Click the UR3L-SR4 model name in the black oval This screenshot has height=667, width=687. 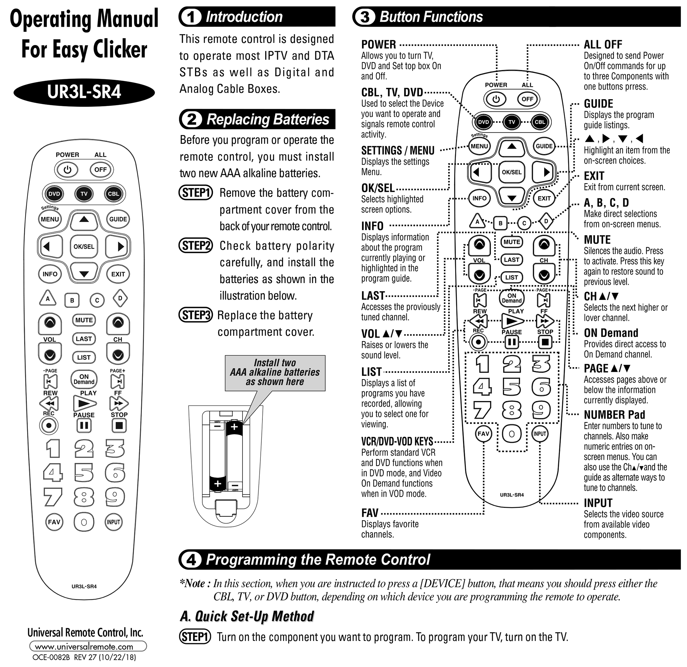click(84, 92)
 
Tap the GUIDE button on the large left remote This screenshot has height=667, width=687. click(118, 219)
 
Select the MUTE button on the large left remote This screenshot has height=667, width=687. click(84, 320)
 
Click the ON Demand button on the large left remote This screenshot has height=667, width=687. click(84, 379)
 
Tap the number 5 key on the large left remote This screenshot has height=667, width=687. click(84, 472)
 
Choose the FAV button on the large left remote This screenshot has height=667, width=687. click(54, 522)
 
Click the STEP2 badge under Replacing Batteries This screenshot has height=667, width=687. click(196, 246)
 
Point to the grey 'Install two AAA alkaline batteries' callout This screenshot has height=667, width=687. click(275, 372)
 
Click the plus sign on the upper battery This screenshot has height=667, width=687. click(234, 427)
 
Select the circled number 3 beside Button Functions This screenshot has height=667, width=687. click(365, 17)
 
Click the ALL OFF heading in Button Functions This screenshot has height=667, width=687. click(603, 45)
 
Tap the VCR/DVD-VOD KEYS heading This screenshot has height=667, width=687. click(397, 441)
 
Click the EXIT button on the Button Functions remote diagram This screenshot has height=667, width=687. click(544, 198)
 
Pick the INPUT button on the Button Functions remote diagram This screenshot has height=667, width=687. click(540, 434)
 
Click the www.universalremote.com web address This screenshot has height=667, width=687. click(84, 647)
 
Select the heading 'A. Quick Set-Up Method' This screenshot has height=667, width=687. click(247, 616)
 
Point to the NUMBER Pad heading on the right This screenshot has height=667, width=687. click(614, 415)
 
